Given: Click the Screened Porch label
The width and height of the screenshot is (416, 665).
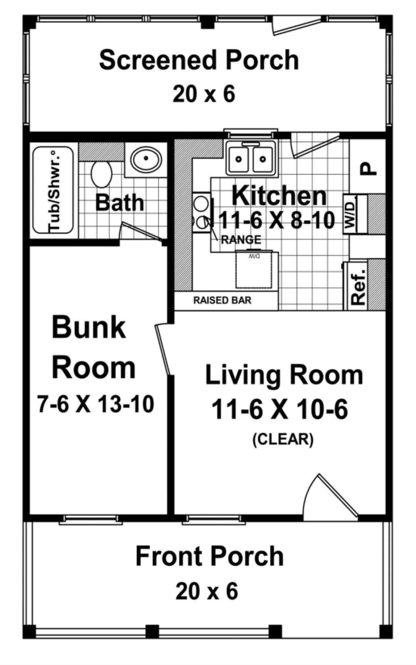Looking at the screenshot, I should [x=199, y=60].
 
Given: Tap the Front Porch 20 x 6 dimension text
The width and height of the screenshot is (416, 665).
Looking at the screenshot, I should [x=207, y=592].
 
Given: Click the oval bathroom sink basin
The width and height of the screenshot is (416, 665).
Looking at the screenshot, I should [x=146, y=158].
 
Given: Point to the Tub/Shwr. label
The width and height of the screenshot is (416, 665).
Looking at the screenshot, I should [x=54, y=190].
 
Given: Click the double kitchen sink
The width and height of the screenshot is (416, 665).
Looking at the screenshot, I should [x=250, y=159].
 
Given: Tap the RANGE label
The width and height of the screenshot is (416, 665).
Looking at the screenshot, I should [x=241, y=239].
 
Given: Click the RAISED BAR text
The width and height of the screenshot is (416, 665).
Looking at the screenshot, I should [x=222, y=300].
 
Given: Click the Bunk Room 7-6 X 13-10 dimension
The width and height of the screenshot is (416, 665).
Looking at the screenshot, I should [x=96, y=404].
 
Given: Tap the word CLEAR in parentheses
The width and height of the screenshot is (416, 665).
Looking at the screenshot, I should [x=283, y=439].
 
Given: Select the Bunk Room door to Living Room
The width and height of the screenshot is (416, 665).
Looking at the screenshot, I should [x=163, y=350].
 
